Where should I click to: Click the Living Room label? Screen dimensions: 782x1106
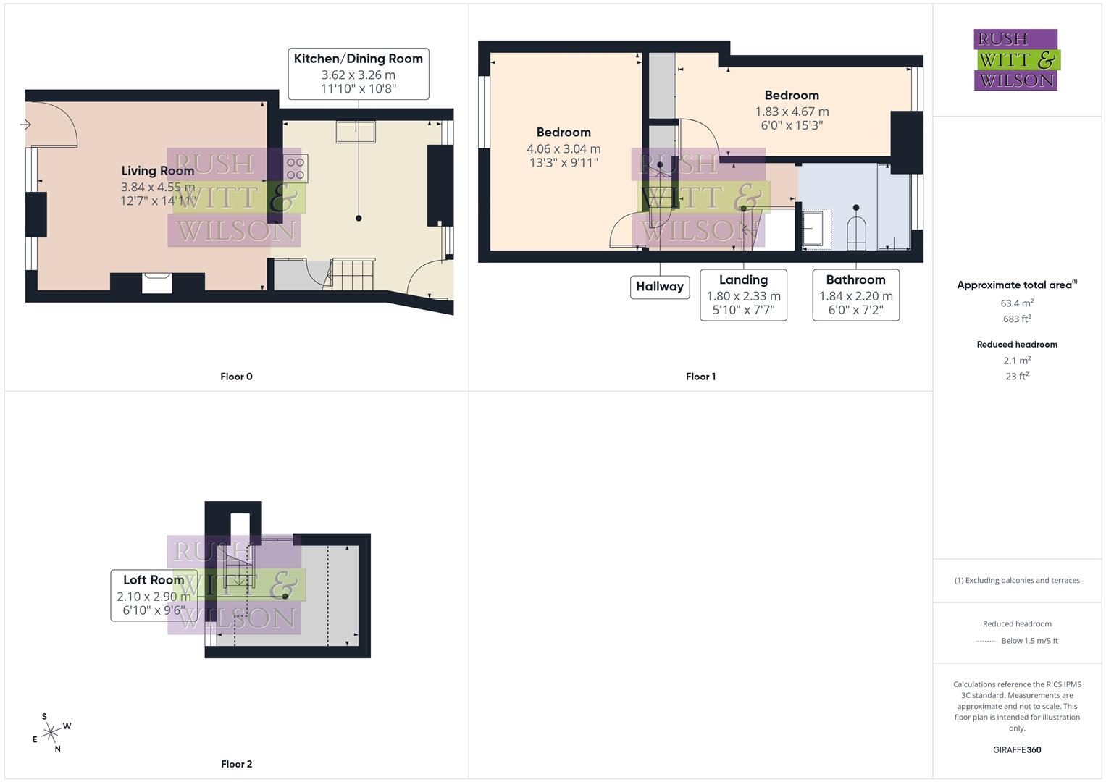tap(157, 171)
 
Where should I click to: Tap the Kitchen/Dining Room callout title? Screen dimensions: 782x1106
tap(358, 59)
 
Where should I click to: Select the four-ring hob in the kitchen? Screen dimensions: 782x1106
tap(296, 169)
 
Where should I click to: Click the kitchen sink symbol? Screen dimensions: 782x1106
tap(356, 133)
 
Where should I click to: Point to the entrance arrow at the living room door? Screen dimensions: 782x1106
tap(25, 125)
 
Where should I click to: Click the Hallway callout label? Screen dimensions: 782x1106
tap(659, 287)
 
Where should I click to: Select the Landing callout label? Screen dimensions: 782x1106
tap(743, 280)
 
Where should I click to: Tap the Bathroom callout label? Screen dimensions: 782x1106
tap(855, 280)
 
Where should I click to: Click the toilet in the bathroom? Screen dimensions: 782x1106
tap(856, 231)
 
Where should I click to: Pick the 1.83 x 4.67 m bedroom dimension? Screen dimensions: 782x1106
tap(792, 112)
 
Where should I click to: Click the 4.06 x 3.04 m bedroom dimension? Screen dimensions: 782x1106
tap(564, 148)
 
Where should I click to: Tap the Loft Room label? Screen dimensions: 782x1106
tap(154, 580)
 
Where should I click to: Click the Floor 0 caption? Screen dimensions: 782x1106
tap(236, 377)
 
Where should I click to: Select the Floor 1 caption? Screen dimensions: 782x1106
tap(700, 377)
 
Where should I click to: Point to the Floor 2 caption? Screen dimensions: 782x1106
tap(236, 764)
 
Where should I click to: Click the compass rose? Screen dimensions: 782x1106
tap(51, 733)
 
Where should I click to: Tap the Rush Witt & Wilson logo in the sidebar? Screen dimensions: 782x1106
tap(1015, 60)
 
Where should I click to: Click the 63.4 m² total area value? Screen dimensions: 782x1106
tap(1017, 303)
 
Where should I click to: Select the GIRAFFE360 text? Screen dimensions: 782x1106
tap(1017, 750)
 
